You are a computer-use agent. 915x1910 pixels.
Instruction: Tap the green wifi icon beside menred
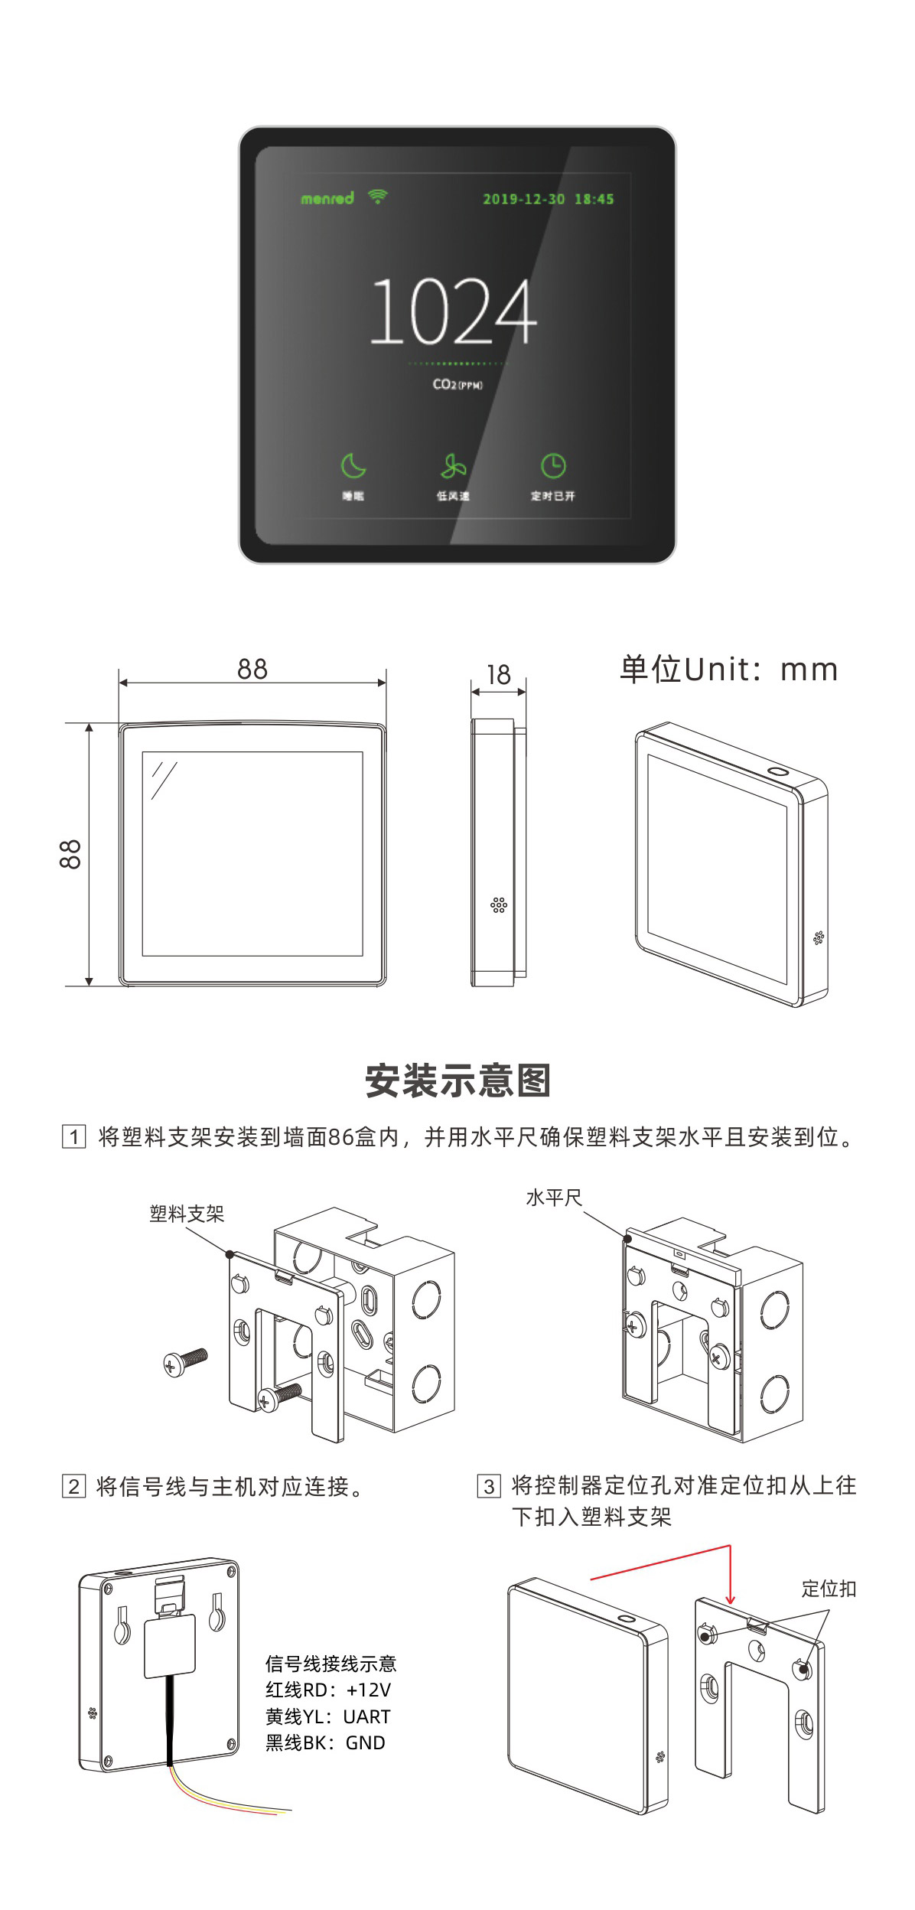(377, 197)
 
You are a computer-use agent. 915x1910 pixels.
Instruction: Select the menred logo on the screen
(327, 199)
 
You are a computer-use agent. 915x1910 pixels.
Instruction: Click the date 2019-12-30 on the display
(523, 200)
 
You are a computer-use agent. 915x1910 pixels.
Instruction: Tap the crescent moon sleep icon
(353, 465)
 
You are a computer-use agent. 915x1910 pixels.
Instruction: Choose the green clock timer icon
(553, 465)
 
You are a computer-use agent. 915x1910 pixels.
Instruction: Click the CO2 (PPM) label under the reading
(457, 384)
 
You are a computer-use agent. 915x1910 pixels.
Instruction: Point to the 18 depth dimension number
(498, 674)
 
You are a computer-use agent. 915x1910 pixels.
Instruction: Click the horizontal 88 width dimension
(252, 669)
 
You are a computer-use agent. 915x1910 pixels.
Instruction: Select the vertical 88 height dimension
(70, 854)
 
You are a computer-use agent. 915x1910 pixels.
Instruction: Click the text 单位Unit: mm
(728, 669)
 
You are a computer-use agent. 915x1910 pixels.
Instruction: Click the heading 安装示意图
(457, 1080)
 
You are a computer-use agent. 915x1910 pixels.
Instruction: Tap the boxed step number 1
(73, 1136)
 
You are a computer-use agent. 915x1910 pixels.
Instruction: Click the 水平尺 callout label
(553, 1198)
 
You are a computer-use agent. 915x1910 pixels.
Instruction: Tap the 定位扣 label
(829, 1589)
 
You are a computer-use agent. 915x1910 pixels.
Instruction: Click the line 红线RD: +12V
(328, 1690)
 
